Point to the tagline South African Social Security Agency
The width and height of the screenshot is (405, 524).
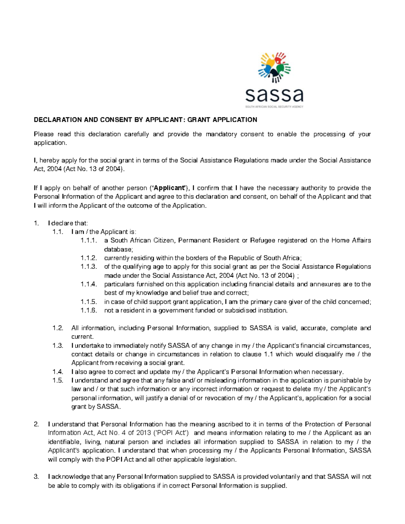coord(274,107)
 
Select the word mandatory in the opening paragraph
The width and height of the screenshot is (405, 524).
coord(220,134)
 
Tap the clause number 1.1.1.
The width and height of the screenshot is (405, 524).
coord(89,241)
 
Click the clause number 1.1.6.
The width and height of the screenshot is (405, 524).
coord(89,310)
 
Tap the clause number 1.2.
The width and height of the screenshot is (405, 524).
coord(58,328)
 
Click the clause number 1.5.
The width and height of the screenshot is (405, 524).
coord(58,381)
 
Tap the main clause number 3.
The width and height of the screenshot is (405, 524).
coord(36,477)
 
